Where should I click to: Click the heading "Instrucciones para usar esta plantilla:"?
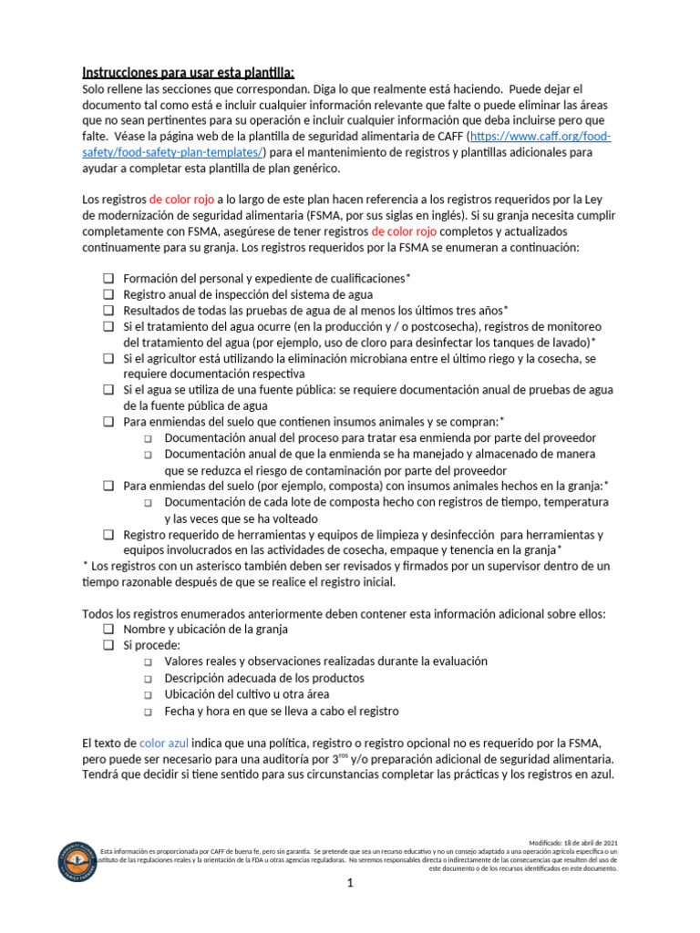(x=189, y=73)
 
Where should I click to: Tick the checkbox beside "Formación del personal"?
(x=108, y=278)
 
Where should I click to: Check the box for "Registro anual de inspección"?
(x=108, y=294)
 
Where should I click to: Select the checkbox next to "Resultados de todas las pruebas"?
(x=108, y=310)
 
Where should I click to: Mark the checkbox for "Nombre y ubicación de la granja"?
(x=108, y=630)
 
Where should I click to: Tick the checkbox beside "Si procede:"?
(x=108, y=645)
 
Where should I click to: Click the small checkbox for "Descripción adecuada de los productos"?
(x=149, y=679)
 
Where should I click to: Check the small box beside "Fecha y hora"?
(x=149, y=712)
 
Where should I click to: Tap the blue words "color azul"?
(x=164, y=743)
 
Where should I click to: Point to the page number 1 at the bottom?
(x=350, y=884)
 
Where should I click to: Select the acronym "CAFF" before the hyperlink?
(x=446, y=137)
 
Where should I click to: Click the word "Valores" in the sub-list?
(x=185, y=661)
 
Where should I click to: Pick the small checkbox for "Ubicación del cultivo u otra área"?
(x=149, y=695)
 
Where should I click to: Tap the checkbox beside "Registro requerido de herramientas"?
(x=108, y=535)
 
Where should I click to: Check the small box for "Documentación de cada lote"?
(x=149, y=503)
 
